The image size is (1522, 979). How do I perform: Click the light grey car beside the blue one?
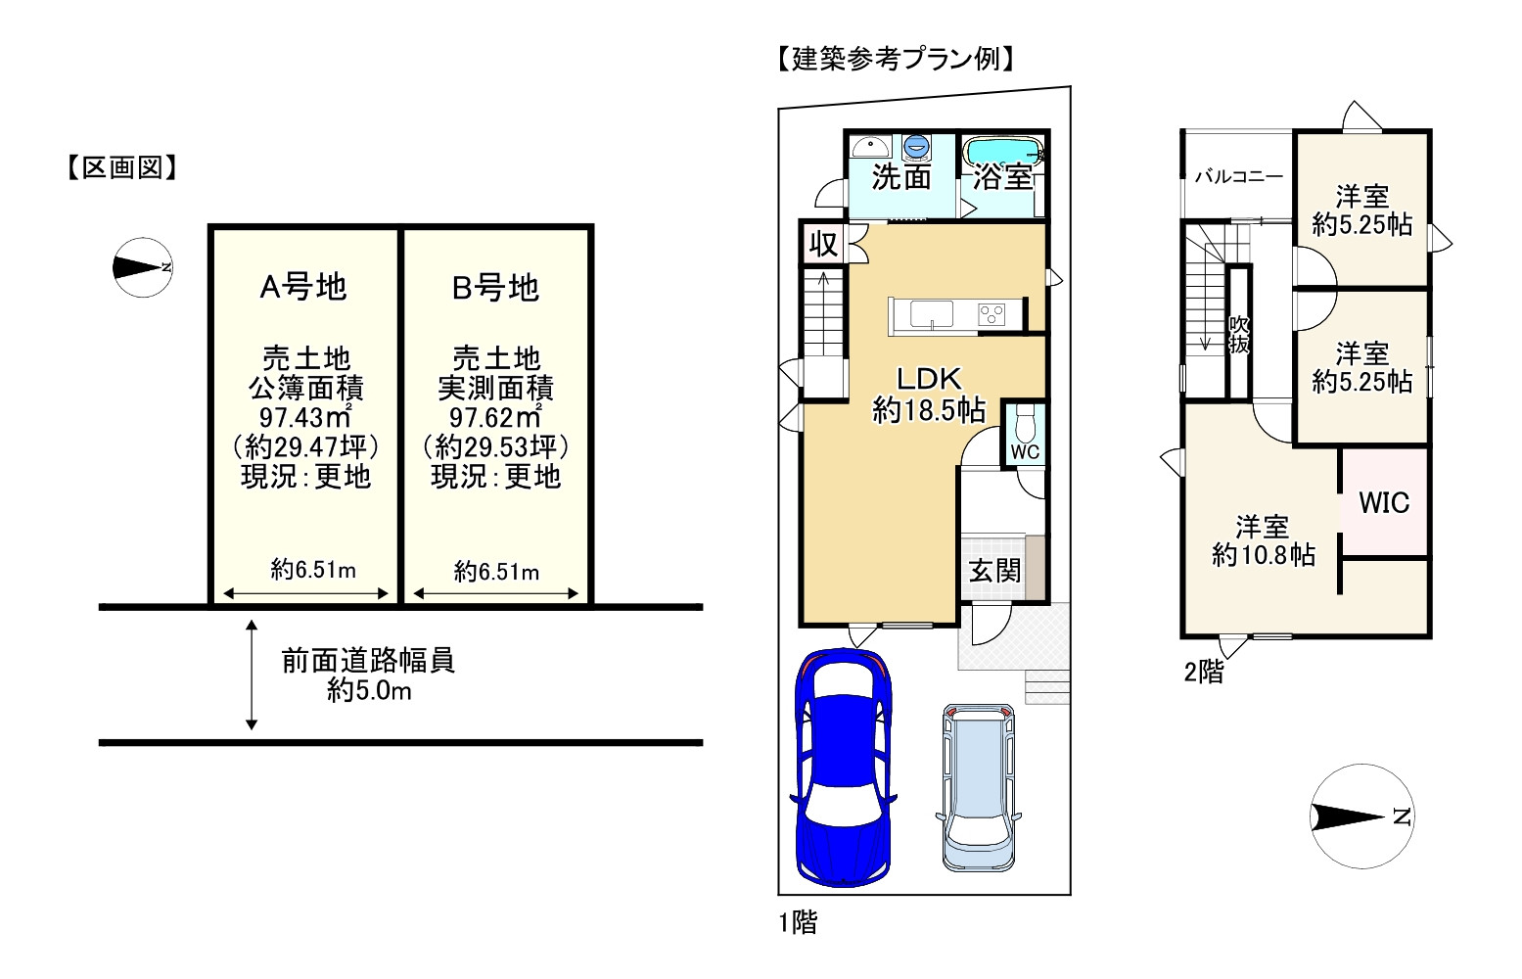pos(979,787)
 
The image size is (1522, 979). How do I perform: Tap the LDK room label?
pos(929,379)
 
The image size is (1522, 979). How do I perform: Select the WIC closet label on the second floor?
pos(1384,503)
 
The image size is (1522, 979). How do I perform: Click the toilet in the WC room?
pos(1025,426)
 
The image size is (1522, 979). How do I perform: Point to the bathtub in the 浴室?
pos(1001,151)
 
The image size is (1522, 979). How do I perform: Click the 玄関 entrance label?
pos(994,571)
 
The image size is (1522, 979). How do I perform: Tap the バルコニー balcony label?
pos(1238,177)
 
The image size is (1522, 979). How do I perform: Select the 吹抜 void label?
pos(1239,334)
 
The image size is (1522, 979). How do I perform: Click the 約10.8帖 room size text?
pos(1263,556)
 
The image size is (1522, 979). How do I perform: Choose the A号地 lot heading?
pos(303,287)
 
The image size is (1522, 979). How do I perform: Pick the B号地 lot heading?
pos(495,288)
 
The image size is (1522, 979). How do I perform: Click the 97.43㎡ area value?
pos(304,417)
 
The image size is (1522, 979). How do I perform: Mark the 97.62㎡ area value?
pos(495,417)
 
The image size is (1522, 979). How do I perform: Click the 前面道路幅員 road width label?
pos(368,661)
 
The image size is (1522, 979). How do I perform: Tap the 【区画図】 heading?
pos(122,168)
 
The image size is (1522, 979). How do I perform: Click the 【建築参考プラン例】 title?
pos(895,60)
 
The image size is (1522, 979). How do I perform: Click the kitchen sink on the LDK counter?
pos(931,315)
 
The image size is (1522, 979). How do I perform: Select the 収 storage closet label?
pos(823,244)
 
